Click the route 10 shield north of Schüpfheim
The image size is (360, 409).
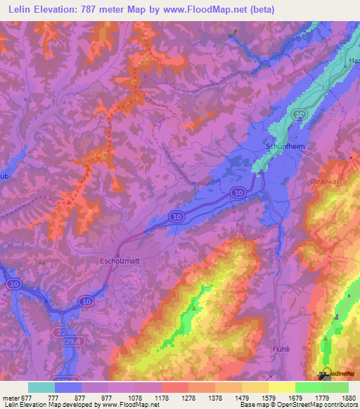[300, 114]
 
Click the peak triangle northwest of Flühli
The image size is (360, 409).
[193, 307]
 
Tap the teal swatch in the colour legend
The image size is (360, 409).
[41, 387]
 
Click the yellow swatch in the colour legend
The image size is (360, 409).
[281, 387]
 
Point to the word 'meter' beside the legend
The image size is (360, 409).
[10, 398]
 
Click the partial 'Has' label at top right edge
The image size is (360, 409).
[354, 61]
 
